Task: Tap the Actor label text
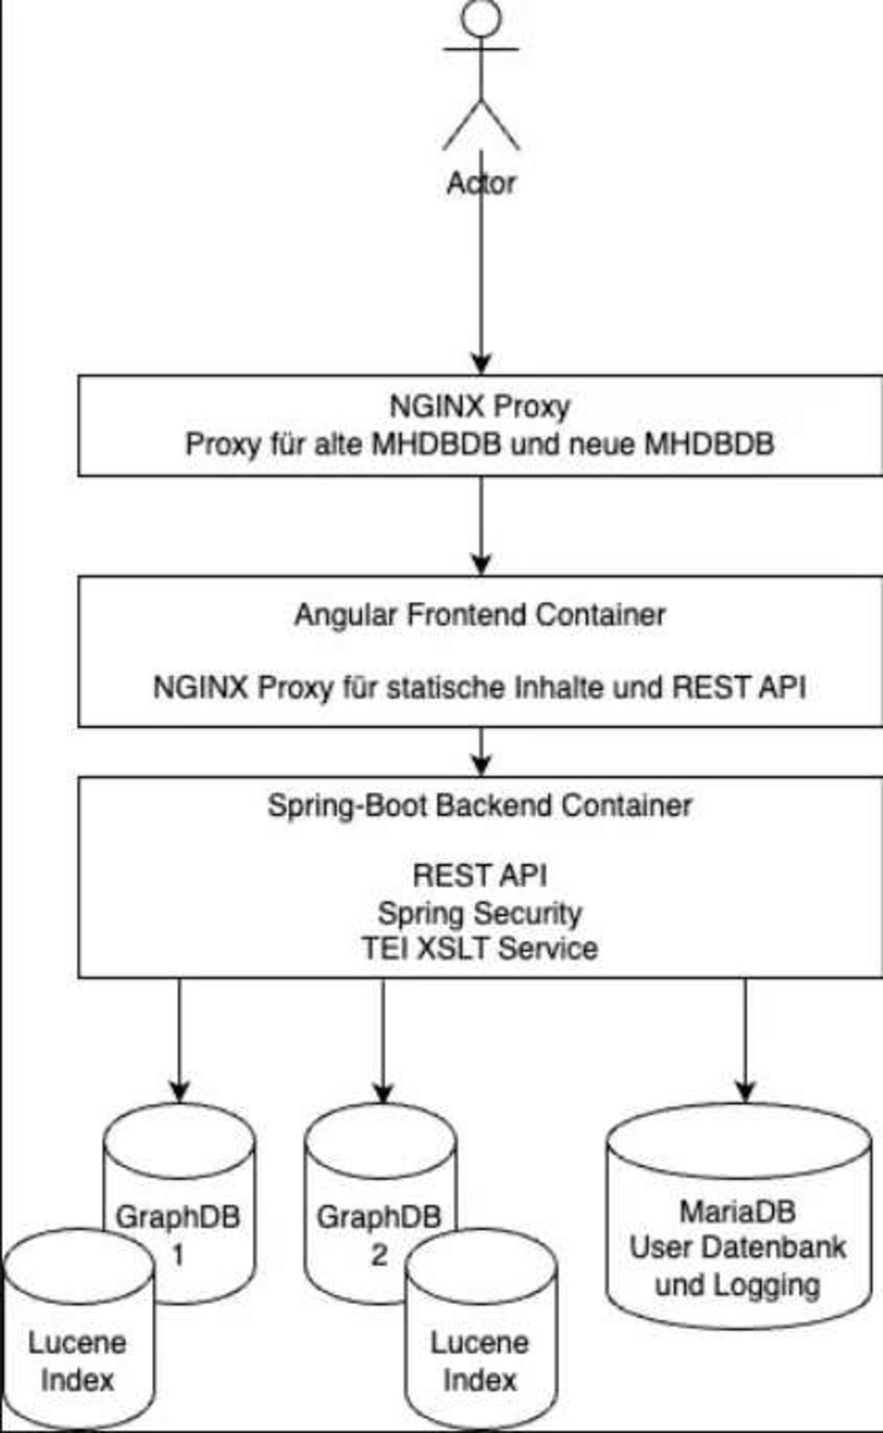(481, 183)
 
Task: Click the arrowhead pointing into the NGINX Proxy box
(481, 364)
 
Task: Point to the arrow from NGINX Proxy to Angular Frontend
(481, 524)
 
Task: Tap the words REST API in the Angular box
(739, 688)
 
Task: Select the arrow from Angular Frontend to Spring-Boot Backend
(481, 752)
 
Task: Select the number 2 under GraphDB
(379, 1254)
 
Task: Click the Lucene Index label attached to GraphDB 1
(77, 1361)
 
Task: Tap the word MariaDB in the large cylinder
(737, 1212)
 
